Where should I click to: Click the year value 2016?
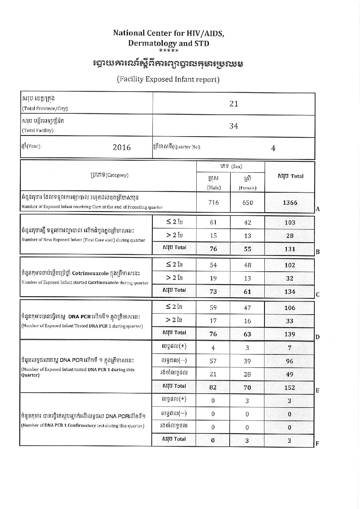[121, 147]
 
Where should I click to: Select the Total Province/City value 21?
[233, 104]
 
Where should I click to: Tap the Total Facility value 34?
[233, 126]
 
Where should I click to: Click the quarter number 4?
[273, 148]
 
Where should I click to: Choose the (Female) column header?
[247, 188]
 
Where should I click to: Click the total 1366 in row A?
[290, 203]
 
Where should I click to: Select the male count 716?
[213, 203]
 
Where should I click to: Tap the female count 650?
[247, 203]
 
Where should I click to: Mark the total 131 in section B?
[290, 249]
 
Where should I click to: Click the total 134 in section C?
[290, 291]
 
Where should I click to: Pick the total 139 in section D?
[290, 334]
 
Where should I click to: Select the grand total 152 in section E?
[290, 387]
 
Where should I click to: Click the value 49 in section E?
[290, 374]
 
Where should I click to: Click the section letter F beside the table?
[317, 444]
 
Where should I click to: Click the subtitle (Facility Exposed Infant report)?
[168, 79]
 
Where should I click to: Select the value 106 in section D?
[290, 308]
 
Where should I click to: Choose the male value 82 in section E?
[213, 387]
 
